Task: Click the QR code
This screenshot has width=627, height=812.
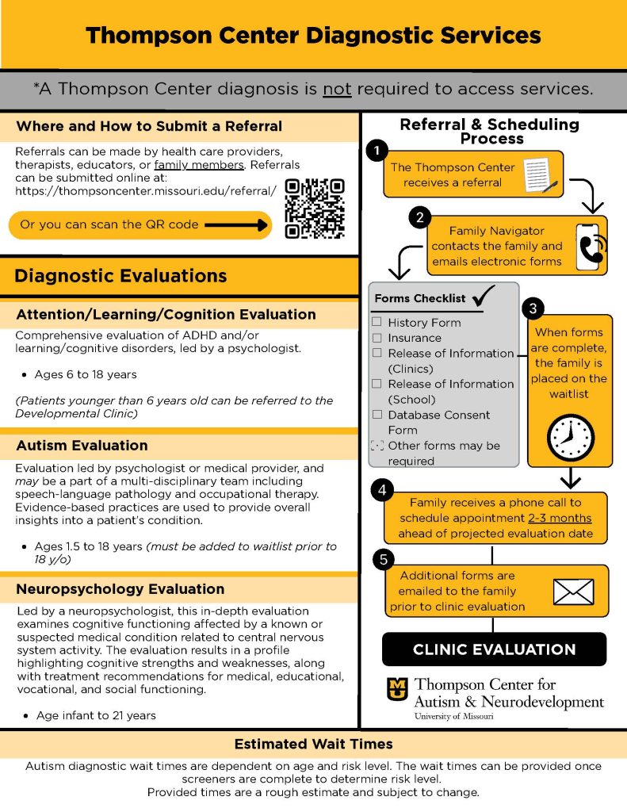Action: pos(315,209)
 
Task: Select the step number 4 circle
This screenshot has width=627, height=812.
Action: pos(382,491)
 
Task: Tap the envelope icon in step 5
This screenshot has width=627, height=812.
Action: pos(573,591)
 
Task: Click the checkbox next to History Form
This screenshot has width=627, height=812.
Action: pos(377,323)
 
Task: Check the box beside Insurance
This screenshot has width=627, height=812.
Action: pos(377,338)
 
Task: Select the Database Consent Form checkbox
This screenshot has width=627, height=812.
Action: pos(377,415)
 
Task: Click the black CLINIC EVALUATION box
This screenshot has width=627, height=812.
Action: pos(494,649)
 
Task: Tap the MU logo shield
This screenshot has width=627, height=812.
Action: pos(397,689)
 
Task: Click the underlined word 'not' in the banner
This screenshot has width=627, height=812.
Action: pos(337,89)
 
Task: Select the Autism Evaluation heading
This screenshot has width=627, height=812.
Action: pos(82,446)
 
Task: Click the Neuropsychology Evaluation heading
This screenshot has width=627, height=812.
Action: pos(120,589)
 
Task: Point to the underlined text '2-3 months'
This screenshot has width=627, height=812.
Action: pos(560,518)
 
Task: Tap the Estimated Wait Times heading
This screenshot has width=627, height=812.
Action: pos(313,745)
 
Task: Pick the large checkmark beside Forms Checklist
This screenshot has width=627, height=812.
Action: pos(484,297)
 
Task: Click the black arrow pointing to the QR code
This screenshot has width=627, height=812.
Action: pos(235,225)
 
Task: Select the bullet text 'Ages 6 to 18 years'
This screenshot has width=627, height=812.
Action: pos(86,374)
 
